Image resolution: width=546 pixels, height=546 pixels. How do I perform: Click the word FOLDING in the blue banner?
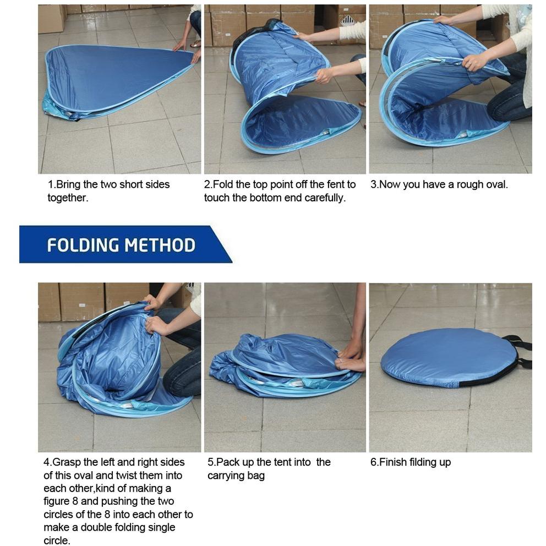83,245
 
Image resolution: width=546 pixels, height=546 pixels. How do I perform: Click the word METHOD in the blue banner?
160,245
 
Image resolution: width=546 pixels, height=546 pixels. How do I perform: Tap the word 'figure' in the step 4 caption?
56,502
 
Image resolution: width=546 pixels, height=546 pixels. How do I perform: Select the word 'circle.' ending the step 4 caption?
57,540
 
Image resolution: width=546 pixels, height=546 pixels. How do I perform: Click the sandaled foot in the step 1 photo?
196,44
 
